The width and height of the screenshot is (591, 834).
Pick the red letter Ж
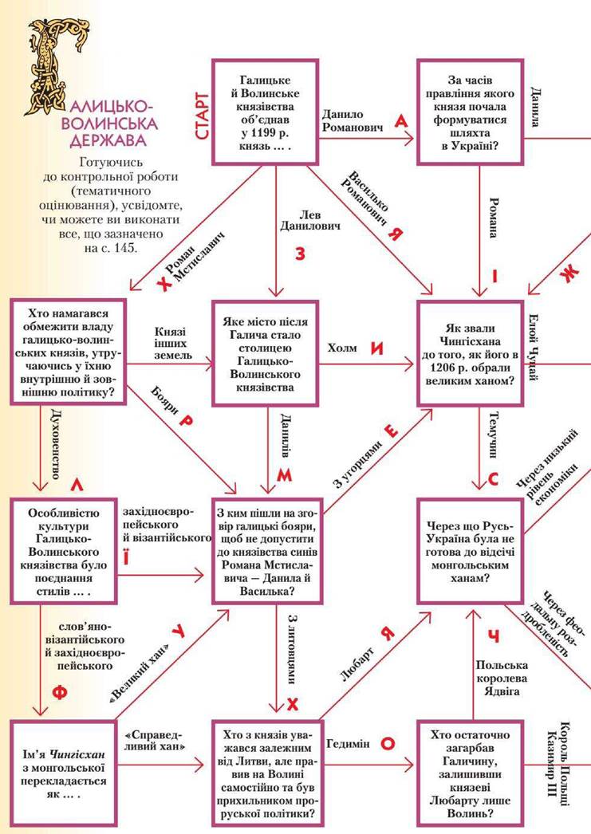tap(567, 273)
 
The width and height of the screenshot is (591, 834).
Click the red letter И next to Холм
tap(377, 348)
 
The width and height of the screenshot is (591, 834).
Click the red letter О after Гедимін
tap(388, 743)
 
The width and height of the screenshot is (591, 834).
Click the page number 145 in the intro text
tap(126, 248)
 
